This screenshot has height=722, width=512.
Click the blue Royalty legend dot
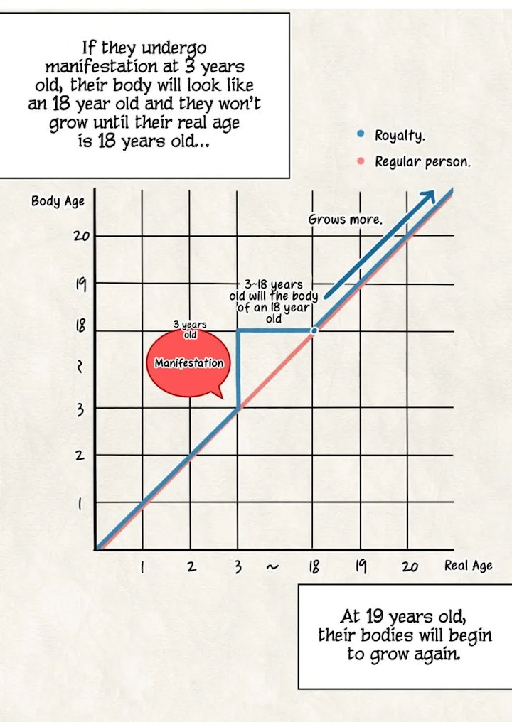point(361,134)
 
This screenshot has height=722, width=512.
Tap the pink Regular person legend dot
point(361,161)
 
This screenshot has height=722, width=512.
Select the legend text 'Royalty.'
point(400,135)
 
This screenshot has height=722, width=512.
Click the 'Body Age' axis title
point(58,201)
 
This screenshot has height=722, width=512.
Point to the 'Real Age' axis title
point(468,566)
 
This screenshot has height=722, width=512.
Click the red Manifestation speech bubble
point(189,362)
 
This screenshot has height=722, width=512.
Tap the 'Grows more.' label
point(345,220)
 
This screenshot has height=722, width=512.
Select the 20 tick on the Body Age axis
point(80,235)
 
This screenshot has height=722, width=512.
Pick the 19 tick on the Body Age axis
point(80,284)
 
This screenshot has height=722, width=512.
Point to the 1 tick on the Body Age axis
point(80,504)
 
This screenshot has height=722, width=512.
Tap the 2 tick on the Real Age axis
point(191,567)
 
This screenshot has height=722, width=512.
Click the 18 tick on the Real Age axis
point(313,567)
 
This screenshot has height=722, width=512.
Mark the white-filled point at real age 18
point(314,330)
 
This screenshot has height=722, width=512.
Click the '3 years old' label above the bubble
point(190,329)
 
